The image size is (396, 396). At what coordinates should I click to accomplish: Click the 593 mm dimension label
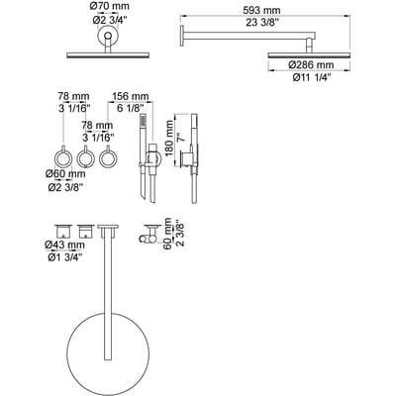(x=261, y=10)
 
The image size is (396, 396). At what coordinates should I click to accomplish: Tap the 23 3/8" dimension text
(x=262, y=23)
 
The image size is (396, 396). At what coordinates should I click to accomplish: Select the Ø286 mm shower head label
(x=311, y=64)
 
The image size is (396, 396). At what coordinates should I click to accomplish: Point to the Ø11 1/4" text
(x=312, y=78)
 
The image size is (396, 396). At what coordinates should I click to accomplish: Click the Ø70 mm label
(x=110, y=6)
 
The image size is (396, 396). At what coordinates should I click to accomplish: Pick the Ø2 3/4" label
(x=109, y=20)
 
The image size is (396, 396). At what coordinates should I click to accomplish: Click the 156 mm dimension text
(x=131, y=97)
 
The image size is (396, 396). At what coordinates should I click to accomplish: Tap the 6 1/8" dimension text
(x=131, y=108)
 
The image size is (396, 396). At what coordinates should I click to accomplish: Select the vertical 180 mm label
(x=169, y=139)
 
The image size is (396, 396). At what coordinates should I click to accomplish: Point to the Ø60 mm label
(x=65, y=173)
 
